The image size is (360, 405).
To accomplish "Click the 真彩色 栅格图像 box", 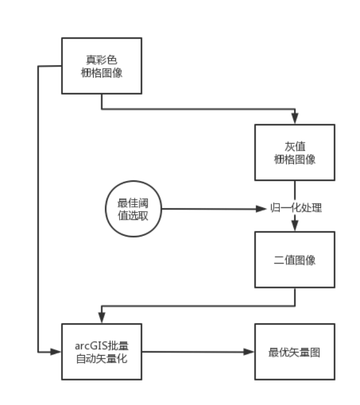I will (x=101, y=66).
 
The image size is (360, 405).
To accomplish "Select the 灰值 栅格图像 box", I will (x=294, y=153).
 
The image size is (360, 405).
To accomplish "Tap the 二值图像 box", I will (x=294, y=259).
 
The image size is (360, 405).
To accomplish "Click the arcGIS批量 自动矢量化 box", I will (x=101, y=352).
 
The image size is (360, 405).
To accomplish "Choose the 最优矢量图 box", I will (x=294, y=352).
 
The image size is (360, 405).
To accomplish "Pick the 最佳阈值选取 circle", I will (x=133, y=209).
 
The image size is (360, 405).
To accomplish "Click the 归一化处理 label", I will (x=296, y=208).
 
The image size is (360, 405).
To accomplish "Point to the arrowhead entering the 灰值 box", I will (x=295, y=120).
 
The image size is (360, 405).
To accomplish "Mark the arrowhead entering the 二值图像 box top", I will (x=295, y=227).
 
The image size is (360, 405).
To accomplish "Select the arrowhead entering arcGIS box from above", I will (x=101, y=319).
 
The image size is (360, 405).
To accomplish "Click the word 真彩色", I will (x=101, y=60).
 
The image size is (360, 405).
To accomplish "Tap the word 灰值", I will (x=294, y=147).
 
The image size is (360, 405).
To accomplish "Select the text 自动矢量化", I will (x=101, y=359).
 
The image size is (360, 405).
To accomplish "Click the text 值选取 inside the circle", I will (x=133, y=215).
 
